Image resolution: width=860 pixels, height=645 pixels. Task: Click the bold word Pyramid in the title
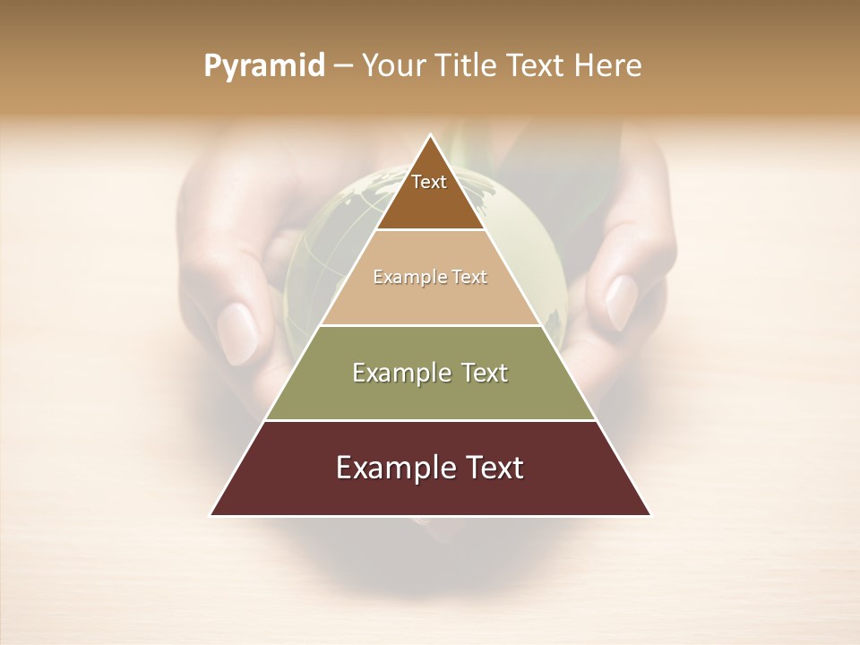point(264,66)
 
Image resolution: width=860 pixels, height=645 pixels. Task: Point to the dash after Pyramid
point(342,66)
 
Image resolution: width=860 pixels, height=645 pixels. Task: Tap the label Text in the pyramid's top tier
point(429,183)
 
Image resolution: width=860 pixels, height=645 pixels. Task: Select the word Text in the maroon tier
point(492,468)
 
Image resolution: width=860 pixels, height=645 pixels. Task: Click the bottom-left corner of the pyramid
point(211,515)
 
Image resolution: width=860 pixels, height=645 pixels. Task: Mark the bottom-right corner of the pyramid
point(650,515)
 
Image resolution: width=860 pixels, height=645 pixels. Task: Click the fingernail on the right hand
point(622,302)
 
